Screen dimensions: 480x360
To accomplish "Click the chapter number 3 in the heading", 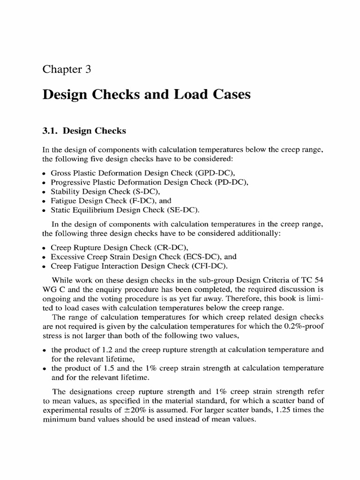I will point(86,70).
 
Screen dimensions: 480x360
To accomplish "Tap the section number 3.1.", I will point(51,131).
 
